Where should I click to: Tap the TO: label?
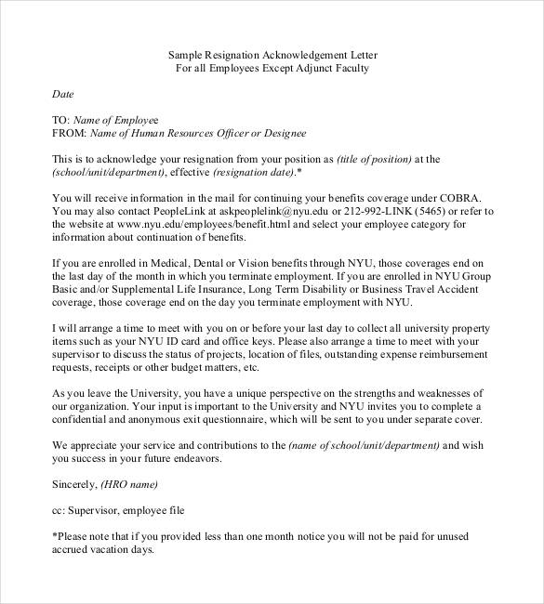60,120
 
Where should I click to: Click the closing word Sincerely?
76,484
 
